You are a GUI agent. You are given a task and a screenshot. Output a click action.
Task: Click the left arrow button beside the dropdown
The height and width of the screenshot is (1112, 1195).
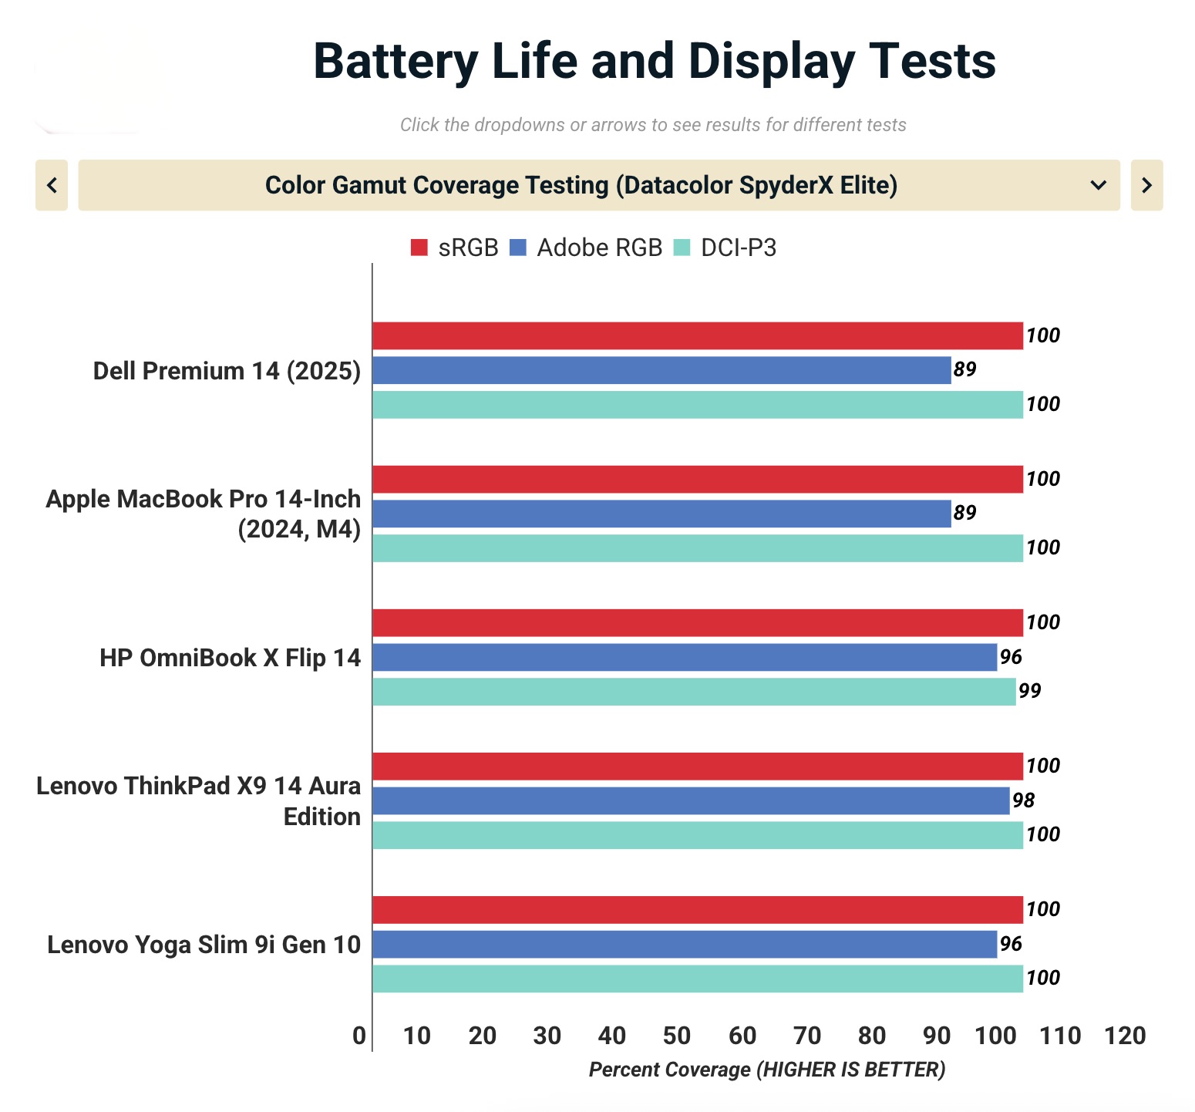click(52, 185)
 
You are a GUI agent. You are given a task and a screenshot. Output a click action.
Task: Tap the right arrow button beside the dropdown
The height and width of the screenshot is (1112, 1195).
click(1146, 185)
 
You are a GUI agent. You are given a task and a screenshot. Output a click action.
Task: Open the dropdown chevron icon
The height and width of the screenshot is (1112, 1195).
click(1098, 185)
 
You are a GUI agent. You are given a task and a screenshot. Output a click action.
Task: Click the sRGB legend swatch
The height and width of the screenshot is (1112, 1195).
click(419, 248)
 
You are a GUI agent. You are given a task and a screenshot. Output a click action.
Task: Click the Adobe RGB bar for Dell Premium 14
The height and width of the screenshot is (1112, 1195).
click(661, 370)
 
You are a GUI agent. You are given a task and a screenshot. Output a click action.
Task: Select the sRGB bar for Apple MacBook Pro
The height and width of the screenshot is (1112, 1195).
click(697, 479)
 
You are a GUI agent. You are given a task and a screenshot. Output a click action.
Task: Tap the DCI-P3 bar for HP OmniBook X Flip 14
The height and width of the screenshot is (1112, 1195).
click(694, 692)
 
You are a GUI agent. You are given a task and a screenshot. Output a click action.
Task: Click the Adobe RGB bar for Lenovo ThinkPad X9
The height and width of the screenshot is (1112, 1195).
click(691, 800)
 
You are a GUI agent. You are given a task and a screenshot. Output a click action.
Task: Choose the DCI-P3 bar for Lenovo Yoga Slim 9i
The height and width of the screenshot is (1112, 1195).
click(697, 979)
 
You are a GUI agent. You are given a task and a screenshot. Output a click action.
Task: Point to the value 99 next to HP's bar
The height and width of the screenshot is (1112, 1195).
click(1029, 691)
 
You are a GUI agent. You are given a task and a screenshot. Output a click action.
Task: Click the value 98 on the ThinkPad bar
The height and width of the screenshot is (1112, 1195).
click(1023, 800)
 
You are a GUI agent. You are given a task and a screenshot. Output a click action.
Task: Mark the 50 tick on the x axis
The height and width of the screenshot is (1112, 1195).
click(677, 1036)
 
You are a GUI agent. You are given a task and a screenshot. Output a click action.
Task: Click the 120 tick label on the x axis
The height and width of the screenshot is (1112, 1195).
click(1125, 1036)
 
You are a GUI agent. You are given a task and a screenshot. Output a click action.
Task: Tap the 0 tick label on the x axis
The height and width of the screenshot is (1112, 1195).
click(359, 1036)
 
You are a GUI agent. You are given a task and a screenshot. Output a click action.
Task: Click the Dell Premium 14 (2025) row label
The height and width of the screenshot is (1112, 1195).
click(227, 371)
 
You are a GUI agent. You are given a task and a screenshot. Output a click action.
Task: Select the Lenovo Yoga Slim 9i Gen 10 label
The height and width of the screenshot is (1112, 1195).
click(204, 945)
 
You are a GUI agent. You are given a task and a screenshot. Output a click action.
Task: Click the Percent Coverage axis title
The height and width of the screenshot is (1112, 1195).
click(766, 1070)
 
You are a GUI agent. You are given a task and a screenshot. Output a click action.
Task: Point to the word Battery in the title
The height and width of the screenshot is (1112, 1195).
click(396, 61)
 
